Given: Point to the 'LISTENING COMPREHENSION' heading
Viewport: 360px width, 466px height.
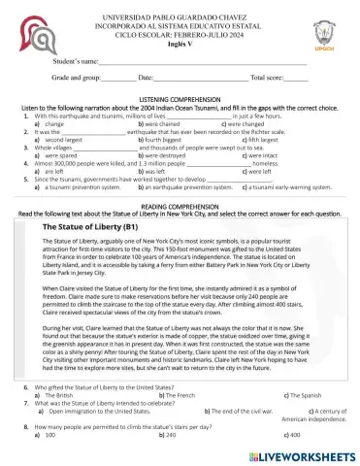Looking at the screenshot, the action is (x=180, y=101).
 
